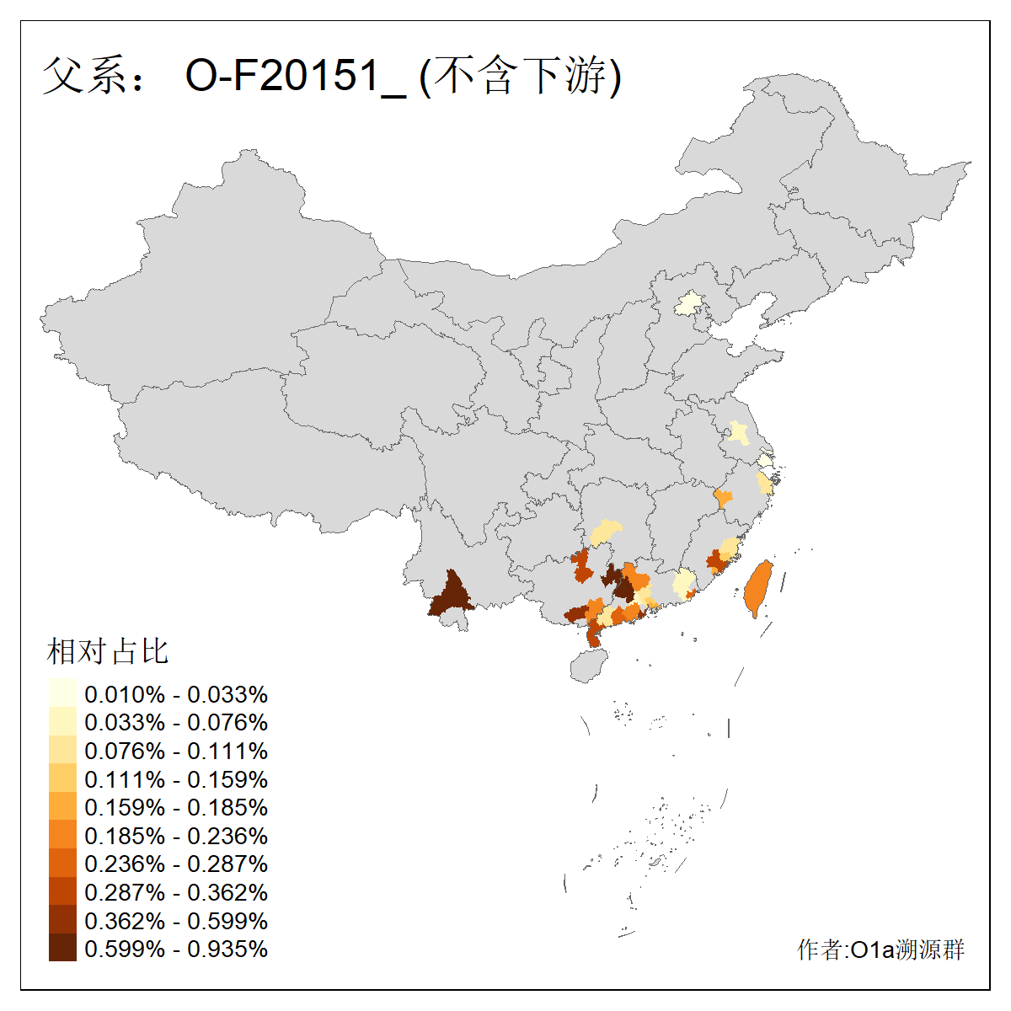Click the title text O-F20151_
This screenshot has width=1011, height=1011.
pos(296,77)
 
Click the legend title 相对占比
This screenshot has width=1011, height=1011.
pos(108,651)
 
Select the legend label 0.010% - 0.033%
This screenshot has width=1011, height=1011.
pos(176,694)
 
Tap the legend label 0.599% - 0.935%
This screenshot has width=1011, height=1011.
pos(176,949)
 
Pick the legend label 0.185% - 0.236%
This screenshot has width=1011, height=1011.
pos(176,836)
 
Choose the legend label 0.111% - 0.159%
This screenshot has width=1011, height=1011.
pos(176,779)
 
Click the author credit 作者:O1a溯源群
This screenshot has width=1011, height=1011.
pos(880,949)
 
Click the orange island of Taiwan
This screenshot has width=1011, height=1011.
pos(758,589)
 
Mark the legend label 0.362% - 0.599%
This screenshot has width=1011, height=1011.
pos(176,921)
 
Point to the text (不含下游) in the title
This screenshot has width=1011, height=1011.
pos(520,77)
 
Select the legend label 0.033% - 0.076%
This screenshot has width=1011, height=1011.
pos(176,722)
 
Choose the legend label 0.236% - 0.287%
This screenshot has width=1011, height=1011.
pos(176,864)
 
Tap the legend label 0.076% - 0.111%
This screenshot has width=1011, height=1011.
pos(176,751)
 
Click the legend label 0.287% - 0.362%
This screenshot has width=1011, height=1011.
pos(176,892)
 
